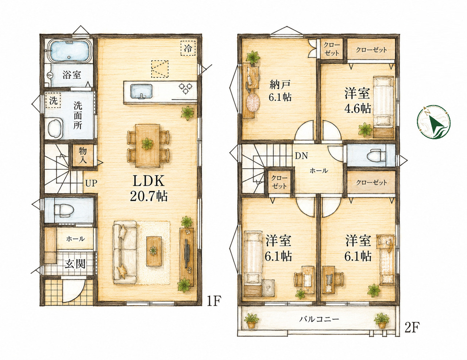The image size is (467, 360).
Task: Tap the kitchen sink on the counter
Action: [x=142, y=92]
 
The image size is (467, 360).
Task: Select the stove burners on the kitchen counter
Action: [x=185, y=88]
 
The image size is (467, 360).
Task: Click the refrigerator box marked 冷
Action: [x=188, y=48]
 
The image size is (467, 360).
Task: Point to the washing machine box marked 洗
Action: [x=53, y=100]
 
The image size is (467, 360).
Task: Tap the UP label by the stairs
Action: [x=91, y=183]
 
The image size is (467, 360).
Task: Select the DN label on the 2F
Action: [x=301, y=156]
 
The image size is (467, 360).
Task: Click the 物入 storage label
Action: [x=83, y=156]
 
